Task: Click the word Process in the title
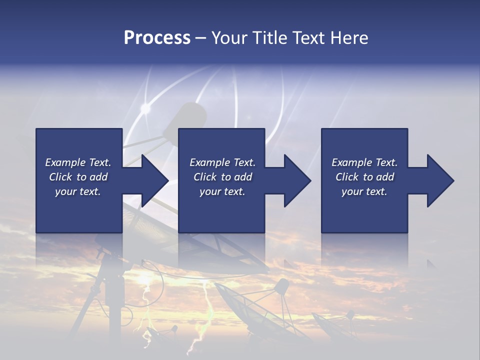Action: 157,38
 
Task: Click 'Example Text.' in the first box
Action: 78,162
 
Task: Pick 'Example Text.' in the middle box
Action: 222,162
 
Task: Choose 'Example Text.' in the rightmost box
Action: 364,162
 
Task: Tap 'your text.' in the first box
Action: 78,191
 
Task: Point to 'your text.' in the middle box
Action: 222,191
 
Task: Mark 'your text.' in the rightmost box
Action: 364,191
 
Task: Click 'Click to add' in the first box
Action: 78,177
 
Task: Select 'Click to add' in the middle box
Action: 222,177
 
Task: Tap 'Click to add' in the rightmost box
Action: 364,177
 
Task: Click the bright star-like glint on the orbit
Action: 145,108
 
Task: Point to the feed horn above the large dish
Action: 191,115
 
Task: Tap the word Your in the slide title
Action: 229,38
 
